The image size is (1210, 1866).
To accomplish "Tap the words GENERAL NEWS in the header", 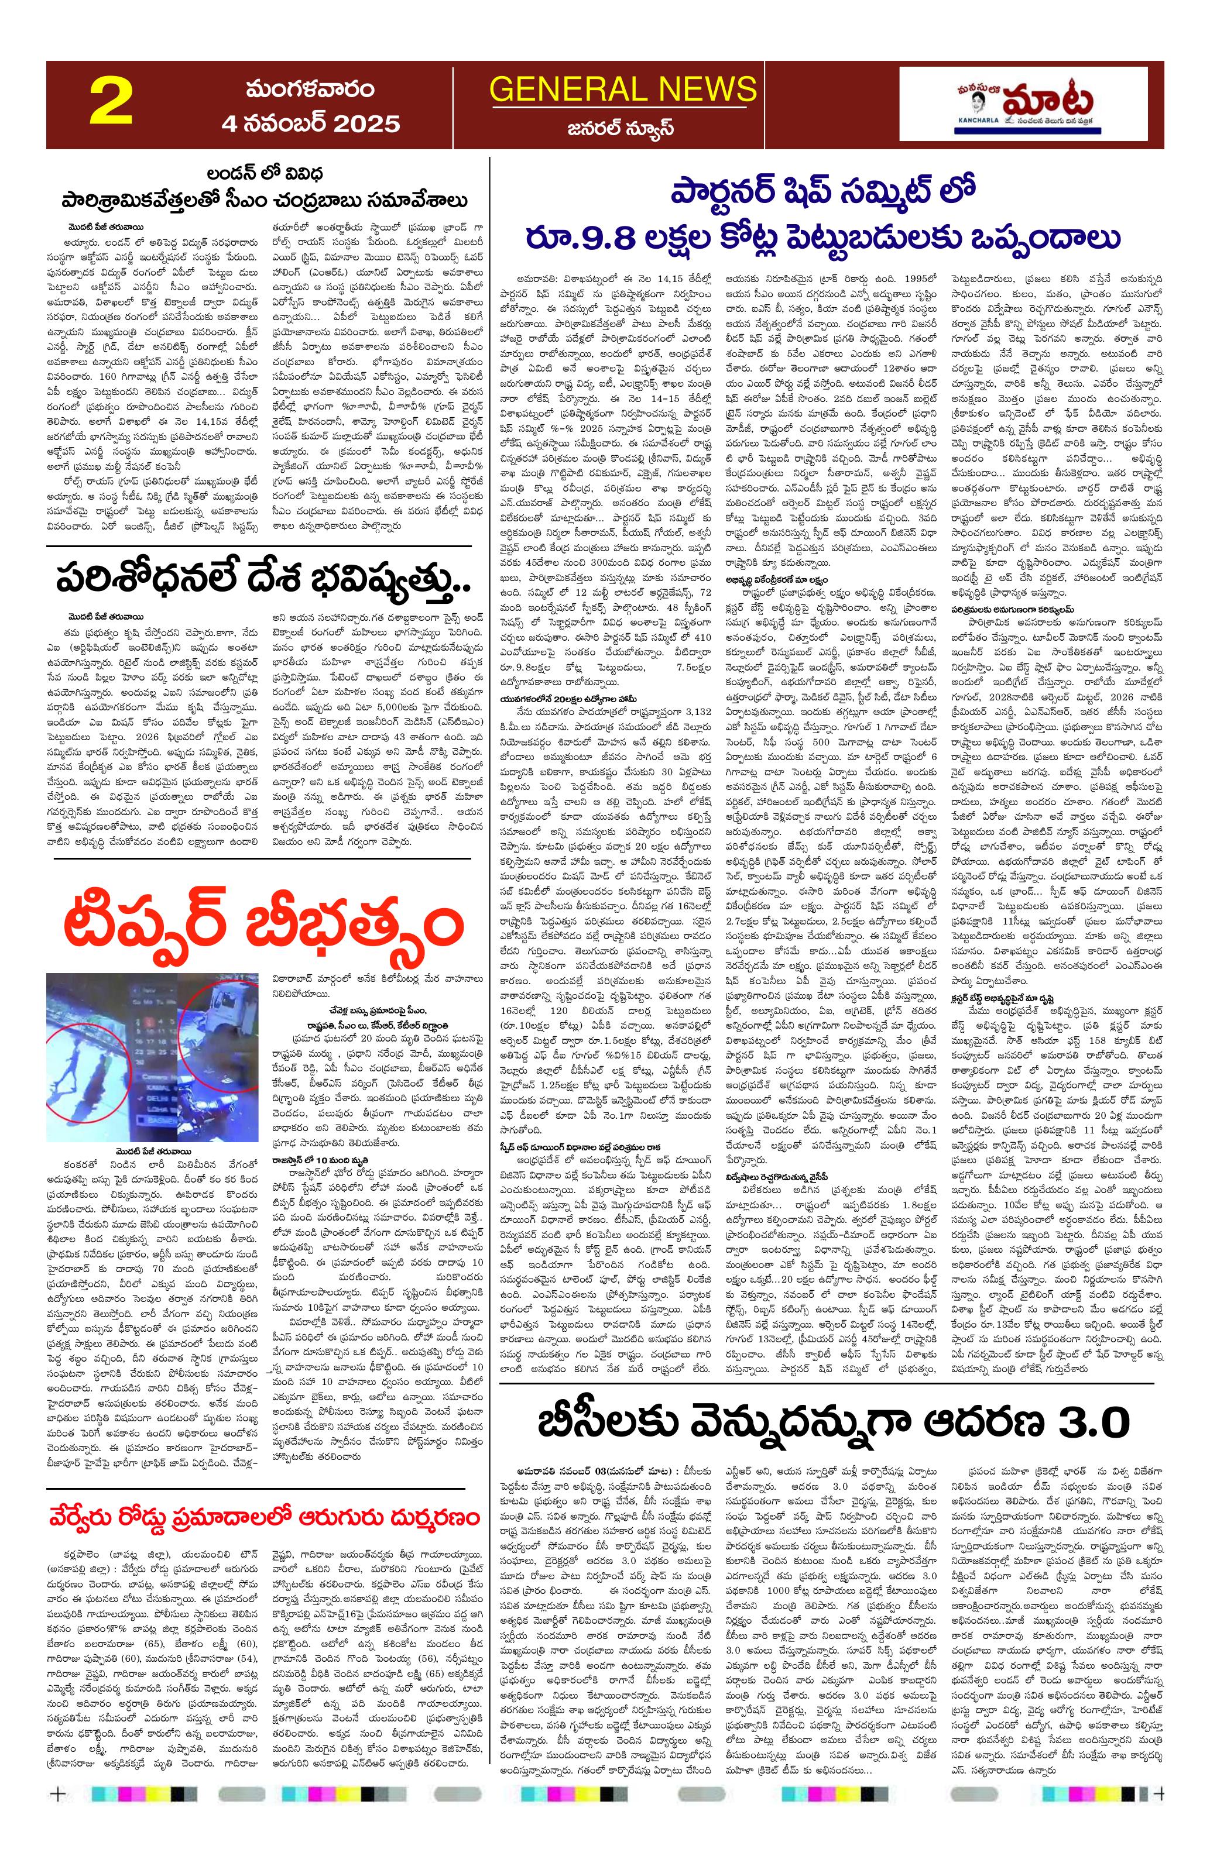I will coord(623,90).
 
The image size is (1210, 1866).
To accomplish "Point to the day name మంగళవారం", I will coord(310,88).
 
